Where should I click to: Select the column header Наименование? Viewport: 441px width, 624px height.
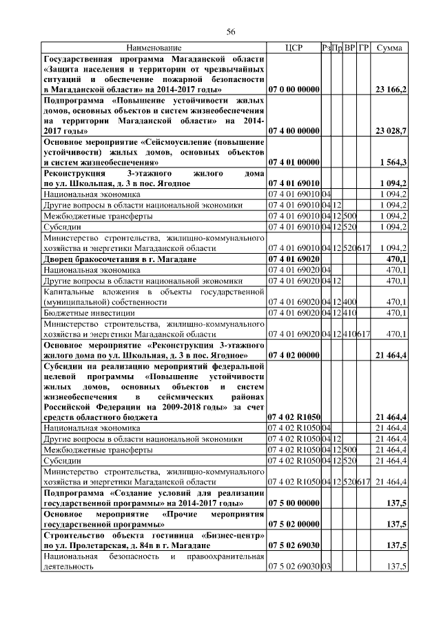click(154, 48)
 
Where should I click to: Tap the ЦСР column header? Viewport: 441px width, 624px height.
click(294, 48)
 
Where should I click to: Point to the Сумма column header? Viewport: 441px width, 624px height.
click(391, 48)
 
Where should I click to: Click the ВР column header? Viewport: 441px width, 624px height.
click(350, 48)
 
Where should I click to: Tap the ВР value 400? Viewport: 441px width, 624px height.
click(350, 301)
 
